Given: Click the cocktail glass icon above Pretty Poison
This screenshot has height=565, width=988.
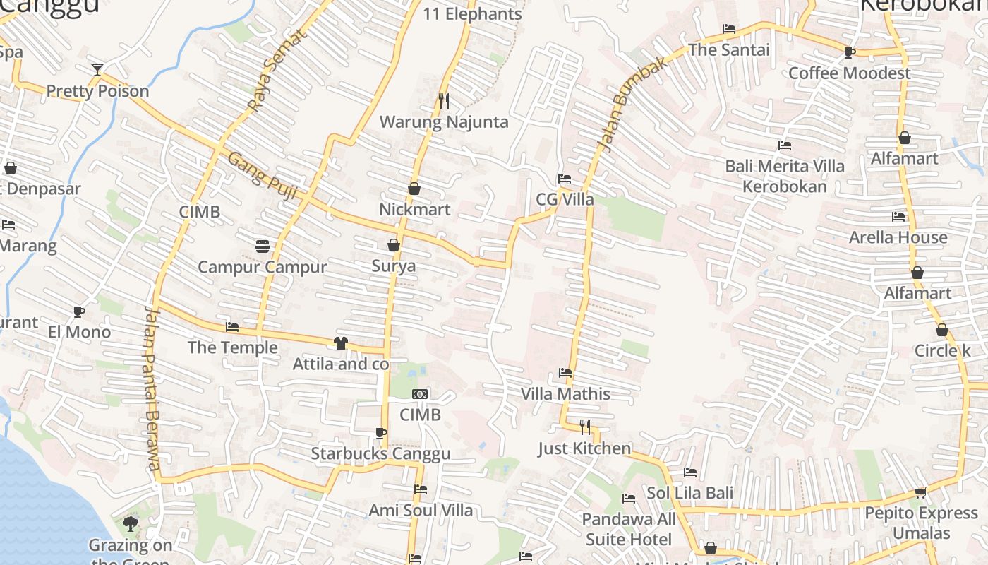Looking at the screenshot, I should pos(97,69).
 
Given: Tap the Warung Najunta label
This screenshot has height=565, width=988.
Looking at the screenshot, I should pos(444,122).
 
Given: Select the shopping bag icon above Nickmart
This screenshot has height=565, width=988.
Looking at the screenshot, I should pos(414,189).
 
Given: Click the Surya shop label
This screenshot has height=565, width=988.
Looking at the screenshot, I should pos(394,266).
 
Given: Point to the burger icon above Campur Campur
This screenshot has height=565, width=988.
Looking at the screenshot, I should pos(263,246).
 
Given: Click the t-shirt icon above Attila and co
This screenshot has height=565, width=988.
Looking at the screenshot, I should pos(341,343).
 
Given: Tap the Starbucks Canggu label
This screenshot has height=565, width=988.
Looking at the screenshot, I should pos(380,453).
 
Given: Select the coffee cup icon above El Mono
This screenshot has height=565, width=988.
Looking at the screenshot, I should pos(79,311).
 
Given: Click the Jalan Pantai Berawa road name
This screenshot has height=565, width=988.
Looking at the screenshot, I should pos(152,388).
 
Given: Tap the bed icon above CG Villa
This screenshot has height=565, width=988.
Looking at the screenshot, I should pos(565,179).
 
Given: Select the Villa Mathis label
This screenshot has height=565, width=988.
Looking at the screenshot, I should pos(565,394).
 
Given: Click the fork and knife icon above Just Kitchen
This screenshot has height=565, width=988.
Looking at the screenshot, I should pos(585,427).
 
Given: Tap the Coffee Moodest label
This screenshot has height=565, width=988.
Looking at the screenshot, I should pos(849,73).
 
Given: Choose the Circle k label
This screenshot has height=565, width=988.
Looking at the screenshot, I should pos(942,351).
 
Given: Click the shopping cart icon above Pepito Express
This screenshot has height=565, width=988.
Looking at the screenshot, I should pos(920,492).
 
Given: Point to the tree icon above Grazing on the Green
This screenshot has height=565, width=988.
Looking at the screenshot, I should pos(131,523).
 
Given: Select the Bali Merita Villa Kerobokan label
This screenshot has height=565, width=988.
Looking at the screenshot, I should pos(785,177).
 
